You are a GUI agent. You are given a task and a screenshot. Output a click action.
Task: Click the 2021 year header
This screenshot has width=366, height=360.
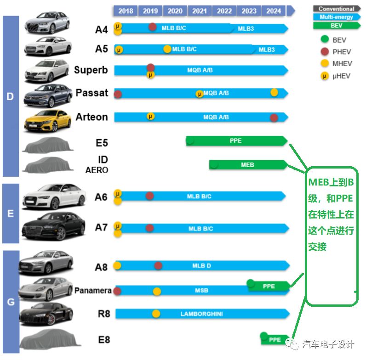(200, 11)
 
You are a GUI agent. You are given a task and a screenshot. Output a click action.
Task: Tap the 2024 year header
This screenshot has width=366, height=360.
(274, 11)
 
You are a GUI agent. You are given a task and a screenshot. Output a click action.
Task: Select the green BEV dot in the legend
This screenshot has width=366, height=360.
(325, 39)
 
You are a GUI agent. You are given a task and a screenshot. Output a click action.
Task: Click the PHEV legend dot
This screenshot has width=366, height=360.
(325, 51)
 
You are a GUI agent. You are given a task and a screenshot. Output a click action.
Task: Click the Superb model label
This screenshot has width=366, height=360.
(91, 70)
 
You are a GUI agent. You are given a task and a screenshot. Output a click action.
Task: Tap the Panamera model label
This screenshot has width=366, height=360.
(93, 290)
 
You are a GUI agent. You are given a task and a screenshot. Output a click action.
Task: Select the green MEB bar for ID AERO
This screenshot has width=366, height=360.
(248, 164)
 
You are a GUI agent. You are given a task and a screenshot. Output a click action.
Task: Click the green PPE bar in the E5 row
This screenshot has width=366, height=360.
(236, 141)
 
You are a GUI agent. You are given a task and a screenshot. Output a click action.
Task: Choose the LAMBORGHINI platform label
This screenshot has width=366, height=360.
(201, 314)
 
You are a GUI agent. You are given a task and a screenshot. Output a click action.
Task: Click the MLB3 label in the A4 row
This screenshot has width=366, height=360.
(246, 28)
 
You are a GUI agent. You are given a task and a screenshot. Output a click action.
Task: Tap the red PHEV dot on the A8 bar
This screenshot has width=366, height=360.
(158, 265)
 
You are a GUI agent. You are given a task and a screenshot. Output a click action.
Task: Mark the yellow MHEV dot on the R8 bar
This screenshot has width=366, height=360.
(156, 314)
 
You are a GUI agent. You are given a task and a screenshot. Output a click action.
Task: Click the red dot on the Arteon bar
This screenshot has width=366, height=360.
(274, 118)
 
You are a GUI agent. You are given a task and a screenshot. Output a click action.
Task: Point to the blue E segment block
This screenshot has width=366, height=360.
(11, 214)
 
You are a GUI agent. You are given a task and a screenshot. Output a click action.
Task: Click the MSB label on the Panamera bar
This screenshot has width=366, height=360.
(201, 290)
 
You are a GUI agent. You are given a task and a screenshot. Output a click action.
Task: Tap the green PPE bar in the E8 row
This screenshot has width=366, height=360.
(275, 340)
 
